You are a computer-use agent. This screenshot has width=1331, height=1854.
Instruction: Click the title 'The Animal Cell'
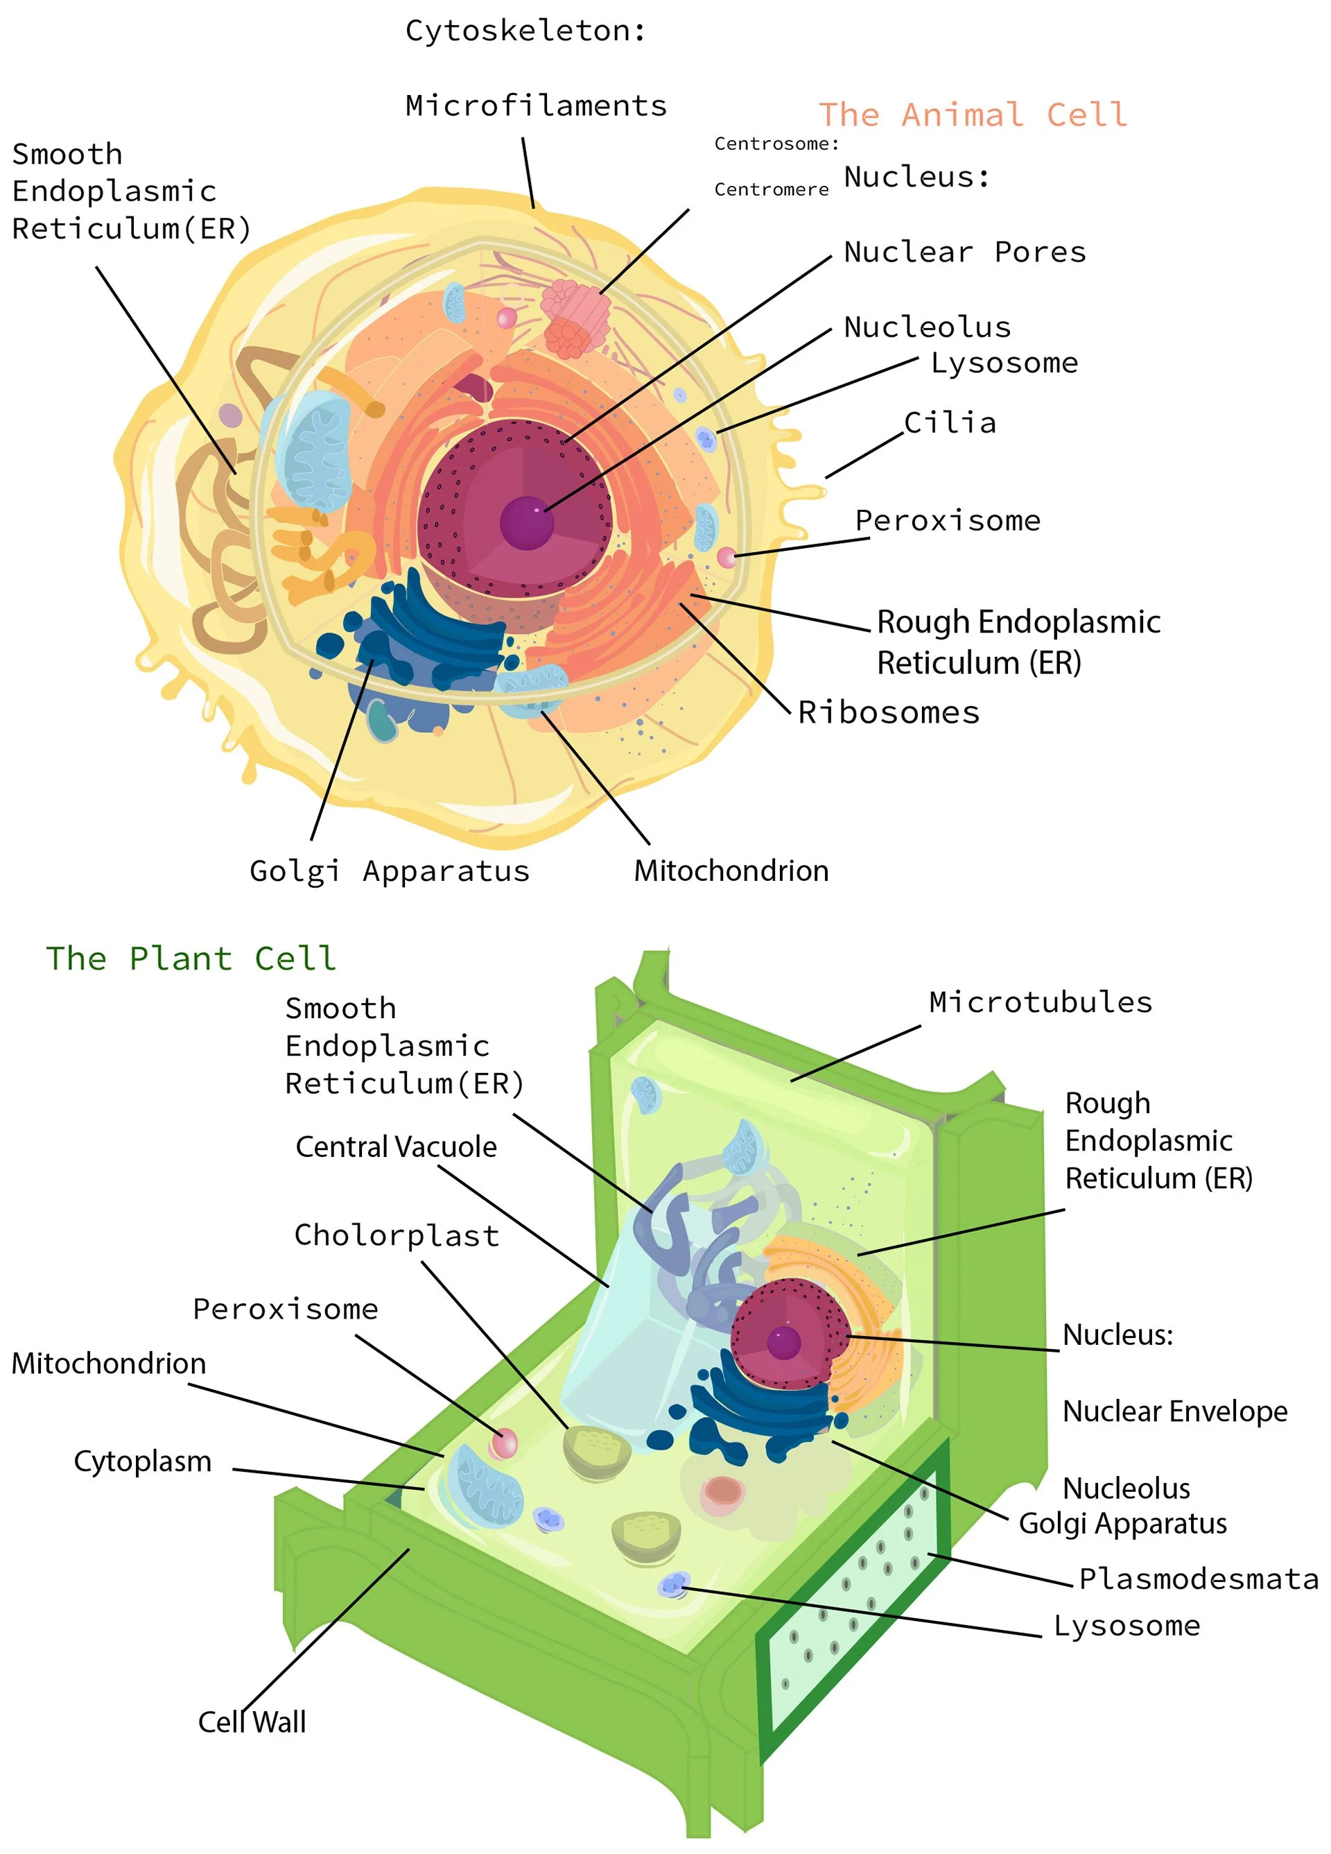pos(973,114)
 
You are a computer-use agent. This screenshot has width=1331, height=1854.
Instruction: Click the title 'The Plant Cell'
pos(191,958)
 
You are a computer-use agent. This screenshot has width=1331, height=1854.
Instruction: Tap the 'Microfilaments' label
pos(536,105)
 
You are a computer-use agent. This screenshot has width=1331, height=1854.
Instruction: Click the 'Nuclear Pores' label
pos(965,252)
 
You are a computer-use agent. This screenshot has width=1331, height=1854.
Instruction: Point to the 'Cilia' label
pos(950,422)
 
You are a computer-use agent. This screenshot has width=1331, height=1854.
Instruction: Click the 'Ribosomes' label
pos(888,712)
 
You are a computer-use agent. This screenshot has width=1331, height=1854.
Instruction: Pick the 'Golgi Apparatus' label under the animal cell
pos(390,870)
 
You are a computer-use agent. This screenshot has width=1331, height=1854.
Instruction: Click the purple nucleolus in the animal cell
pos(527,522)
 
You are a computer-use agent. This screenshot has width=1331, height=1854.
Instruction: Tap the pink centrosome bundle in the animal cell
pos(577,317)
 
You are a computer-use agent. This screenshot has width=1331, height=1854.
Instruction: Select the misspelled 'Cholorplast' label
pos(397,1235)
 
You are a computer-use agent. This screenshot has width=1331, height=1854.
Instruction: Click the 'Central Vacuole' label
pos(397,1147)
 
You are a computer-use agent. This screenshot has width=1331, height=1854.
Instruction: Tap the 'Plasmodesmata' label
pos(1198,1579)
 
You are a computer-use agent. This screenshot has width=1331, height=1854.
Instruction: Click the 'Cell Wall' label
pos(252,1722)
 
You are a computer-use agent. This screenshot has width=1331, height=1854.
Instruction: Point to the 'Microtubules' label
pos(1040,1002)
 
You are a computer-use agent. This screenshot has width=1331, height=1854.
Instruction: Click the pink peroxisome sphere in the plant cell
pos(503,1443)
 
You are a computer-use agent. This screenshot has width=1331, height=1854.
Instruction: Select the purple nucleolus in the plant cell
pos(783,1342)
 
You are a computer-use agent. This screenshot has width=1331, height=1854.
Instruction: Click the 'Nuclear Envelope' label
pos(1174,1411)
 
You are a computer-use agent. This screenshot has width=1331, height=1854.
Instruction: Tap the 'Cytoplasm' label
pos(142,1461)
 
